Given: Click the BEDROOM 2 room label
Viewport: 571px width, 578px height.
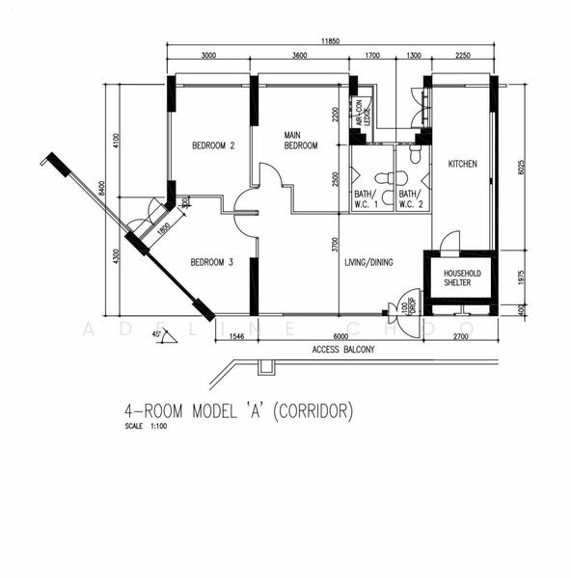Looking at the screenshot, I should (x=213, y=146).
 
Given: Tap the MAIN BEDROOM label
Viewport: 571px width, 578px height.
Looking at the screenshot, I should (x=300, y=140).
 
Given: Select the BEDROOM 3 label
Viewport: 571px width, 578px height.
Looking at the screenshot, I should (x=211, y=262).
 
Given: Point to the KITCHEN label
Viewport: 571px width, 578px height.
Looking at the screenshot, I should (x=462, y=165).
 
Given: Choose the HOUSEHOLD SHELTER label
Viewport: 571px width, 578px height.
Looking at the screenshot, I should (x=461, y=278).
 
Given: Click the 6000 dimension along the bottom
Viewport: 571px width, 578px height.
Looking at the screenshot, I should (x=340, y=336).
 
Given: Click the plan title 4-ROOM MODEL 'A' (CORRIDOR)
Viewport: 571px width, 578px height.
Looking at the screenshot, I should (x=239, y=411).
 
